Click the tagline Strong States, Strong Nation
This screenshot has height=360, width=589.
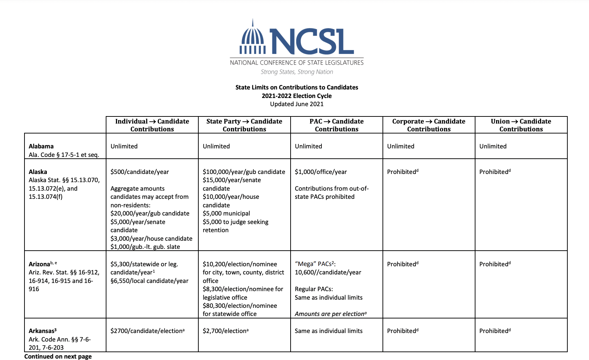(x=297, y=72)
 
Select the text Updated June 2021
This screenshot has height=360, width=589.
(x=297, y=104)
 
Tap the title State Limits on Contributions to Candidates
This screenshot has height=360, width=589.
(x=297, y=87)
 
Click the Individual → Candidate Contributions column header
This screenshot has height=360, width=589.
(x=152, y=125)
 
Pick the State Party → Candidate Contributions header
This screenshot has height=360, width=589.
(x=244, y=125)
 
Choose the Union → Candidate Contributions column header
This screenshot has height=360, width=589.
(x=521, y=125)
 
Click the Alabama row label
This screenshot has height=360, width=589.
(x=41, y=146)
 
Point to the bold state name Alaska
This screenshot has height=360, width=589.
(x=38, y=172)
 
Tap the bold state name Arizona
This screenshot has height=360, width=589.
(x=39, y=264)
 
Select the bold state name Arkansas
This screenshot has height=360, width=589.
(x=42, y=331)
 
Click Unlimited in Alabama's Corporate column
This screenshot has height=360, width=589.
(x=401, y=146)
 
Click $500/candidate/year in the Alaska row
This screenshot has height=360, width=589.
(x=139, y=172)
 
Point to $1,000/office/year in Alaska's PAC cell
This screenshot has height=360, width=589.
(x=321, y=172)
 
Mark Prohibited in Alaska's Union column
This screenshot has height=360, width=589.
(x=494, y=172)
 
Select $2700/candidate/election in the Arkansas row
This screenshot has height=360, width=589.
(x=147, y=331)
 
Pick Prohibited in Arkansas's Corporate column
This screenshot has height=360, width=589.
(x=402, y=331)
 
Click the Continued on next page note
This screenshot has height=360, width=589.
(x=58, y=356)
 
